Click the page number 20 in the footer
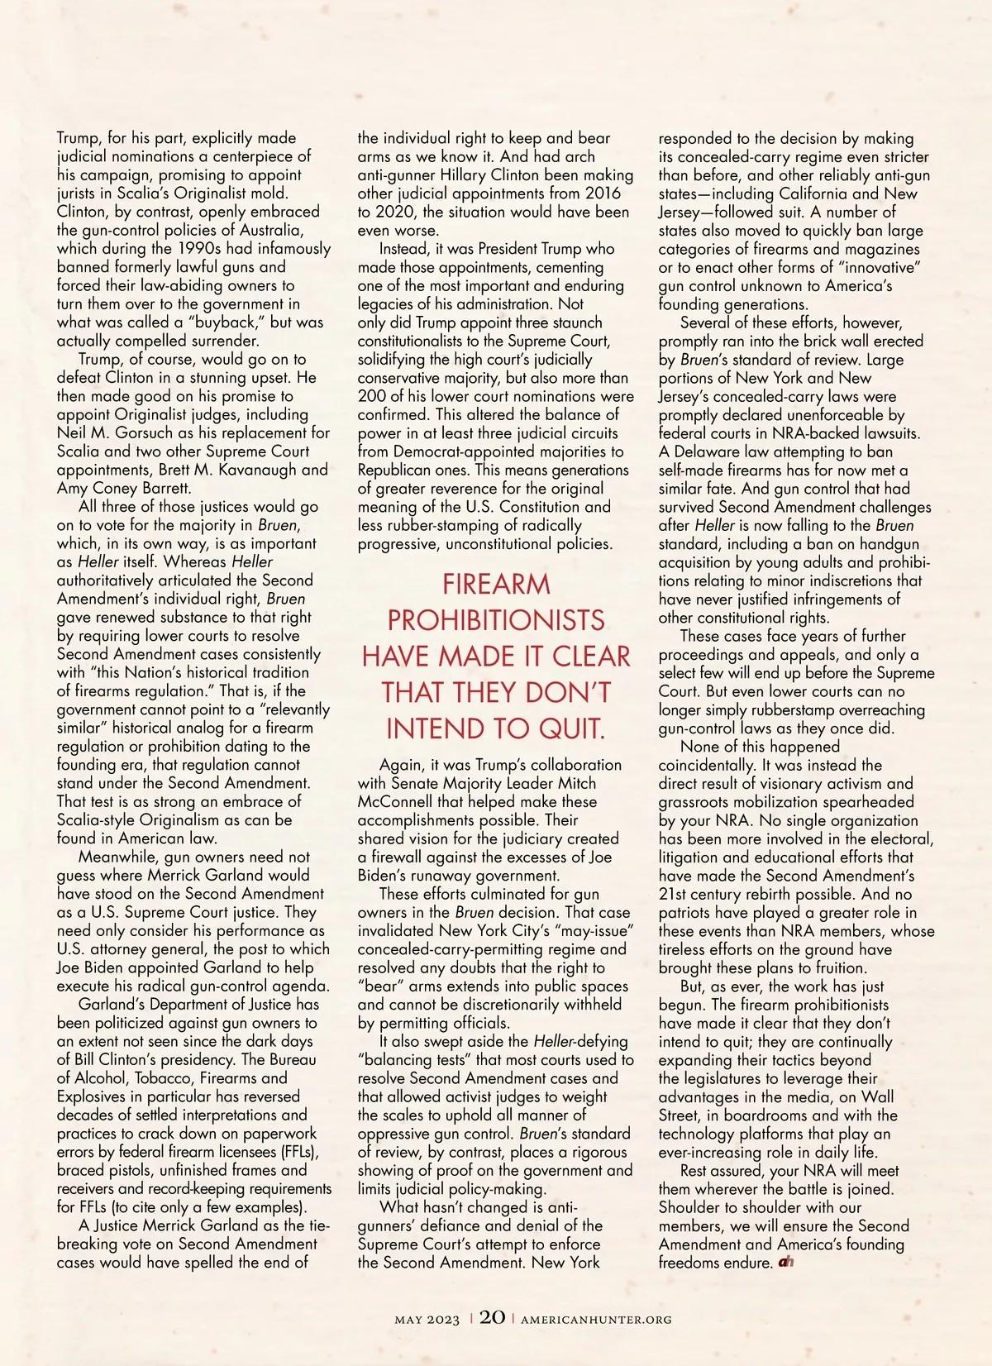point(492,1317)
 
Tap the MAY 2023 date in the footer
point(427,1320)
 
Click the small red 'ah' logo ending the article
point(785,1263)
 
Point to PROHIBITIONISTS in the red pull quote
point(496,620)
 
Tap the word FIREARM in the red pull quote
point(496,584)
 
